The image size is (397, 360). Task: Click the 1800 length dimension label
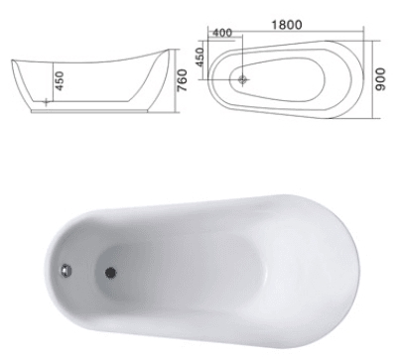287,25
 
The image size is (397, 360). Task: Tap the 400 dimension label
222,33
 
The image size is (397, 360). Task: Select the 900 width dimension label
381,79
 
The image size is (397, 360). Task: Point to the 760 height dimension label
183,80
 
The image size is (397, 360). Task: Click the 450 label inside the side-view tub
60,81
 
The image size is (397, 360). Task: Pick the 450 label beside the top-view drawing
199,57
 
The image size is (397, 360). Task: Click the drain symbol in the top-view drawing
243,79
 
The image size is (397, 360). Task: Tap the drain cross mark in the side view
46,102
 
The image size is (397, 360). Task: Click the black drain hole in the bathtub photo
110,272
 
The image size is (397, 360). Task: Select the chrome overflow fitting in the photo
66,271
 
